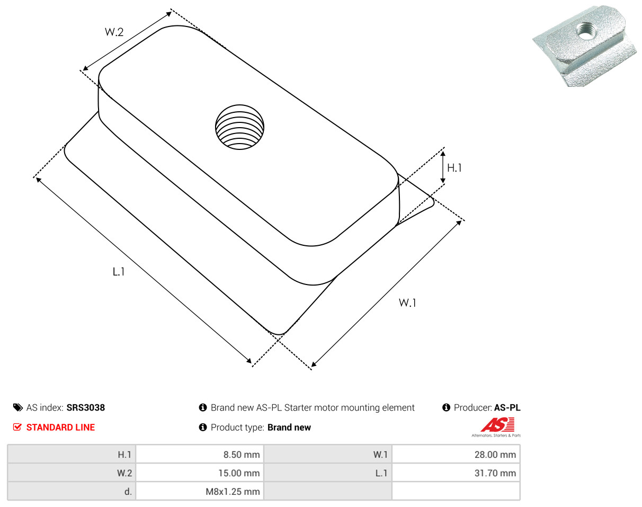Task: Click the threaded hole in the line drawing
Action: pyautogui.click(x=239, y=127)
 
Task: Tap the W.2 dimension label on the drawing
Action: pyautogui.click(x=114, y=32)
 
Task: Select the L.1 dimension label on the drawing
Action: pyautogui.click(x=119, y=272)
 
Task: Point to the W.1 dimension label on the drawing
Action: pyautogui.click(x=407, y=303)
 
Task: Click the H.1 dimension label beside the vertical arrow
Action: pyautogui.click(x=454, y=168)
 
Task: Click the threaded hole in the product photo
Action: pyautogui.click(x=586, y=31)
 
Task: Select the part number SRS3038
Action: pyautogui.click(x=86, y=407)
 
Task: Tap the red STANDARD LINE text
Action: pyautogui.click(x=60, y=428)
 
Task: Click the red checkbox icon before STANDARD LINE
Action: pyautogui.click(x=17, y=427)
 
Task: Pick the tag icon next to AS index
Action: pyautogui.click(x=18, y=407)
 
